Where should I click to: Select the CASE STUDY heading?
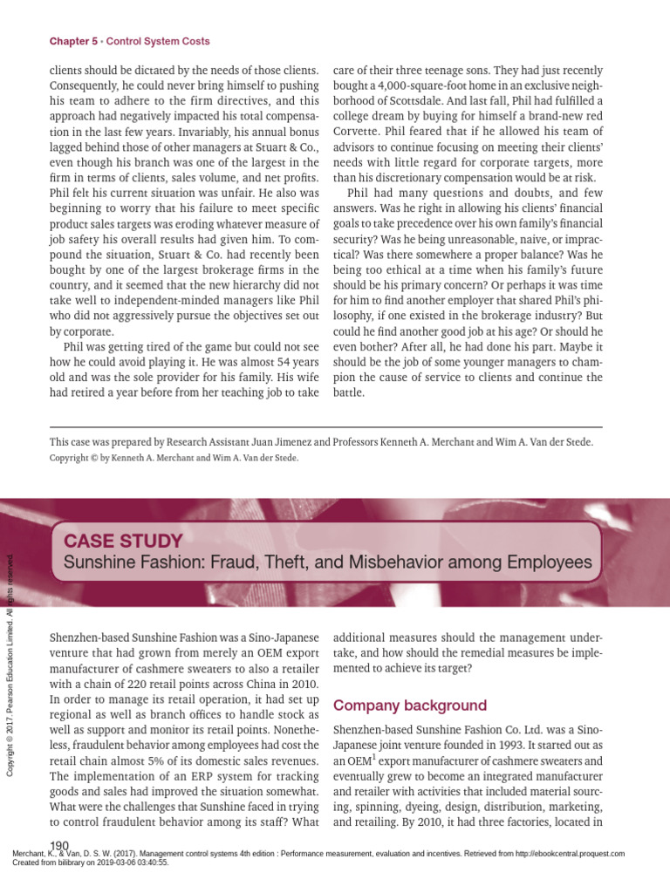(117, 541)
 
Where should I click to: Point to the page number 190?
(60, 846)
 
